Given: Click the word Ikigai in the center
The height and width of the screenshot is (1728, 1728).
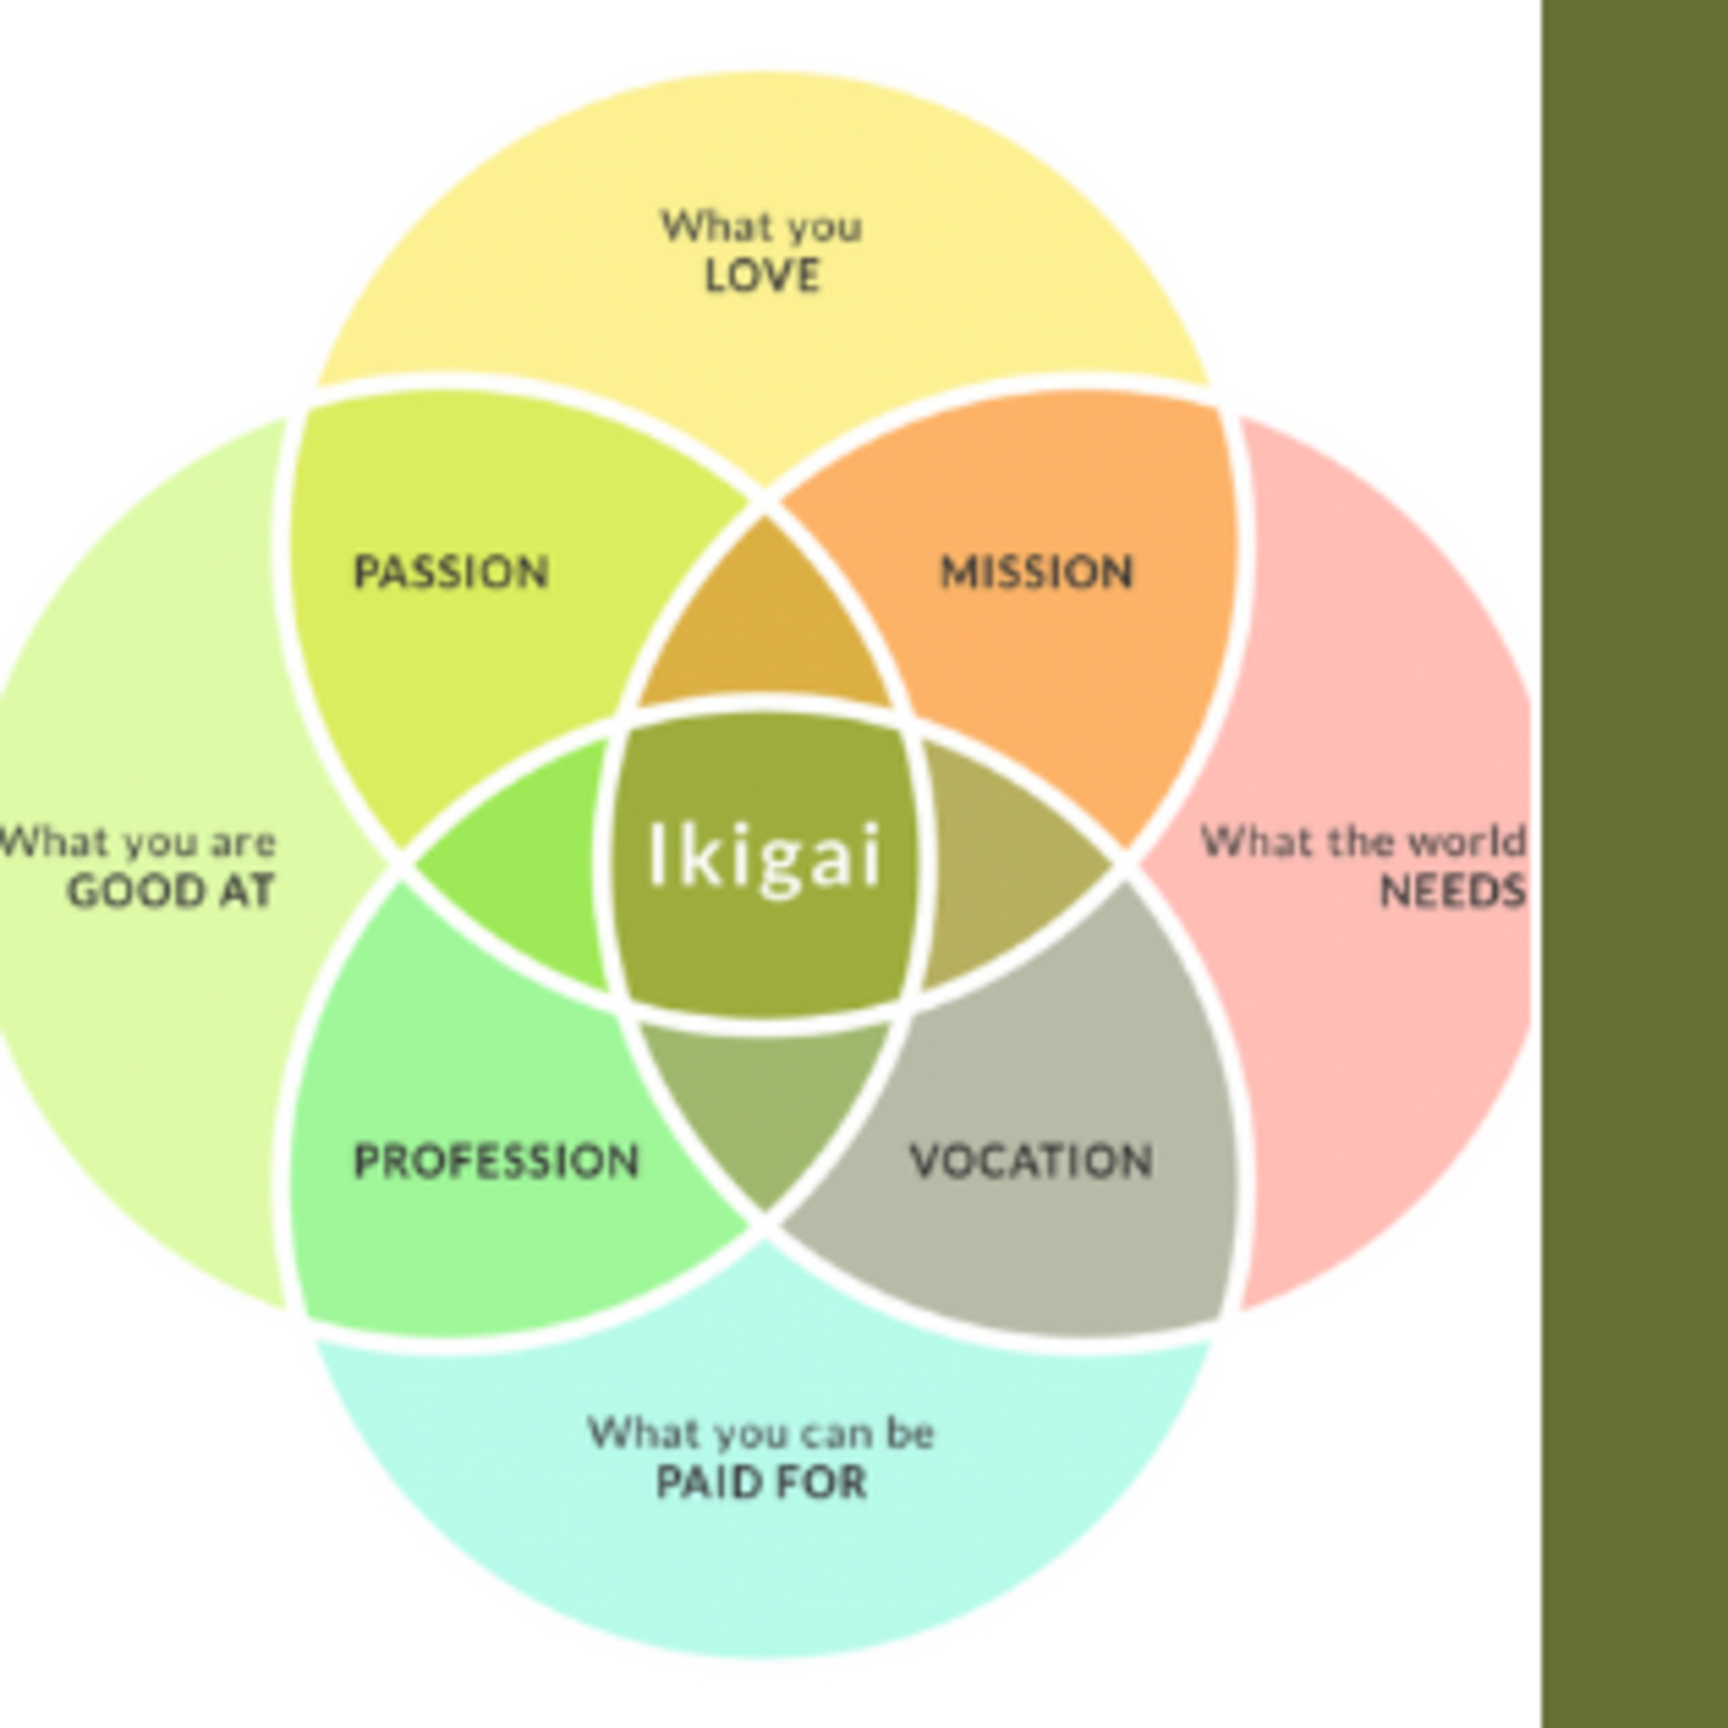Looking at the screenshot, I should pyautogui.click(x=766, y=856).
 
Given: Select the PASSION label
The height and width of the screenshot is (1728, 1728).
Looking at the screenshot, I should pyautogui.click(x=451, y=573).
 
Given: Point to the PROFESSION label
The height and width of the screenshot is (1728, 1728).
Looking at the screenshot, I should pyautogui.click(x=497, y=1162).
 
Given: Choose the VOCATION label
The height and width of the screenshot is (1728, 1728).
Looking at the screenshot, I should pyautogui.click(x=1031, y=1161).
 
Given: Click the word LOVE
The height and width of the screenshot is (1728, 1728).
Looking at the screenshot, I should pyautogui.click(x=762, y=275).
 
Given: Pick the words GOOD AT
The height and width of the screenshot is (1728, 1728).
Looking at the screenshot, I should pyautogui.click(x=170, y=892).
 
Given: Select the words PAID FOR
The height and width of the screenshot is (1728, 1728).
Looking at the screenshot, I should pyautogui.click(x=762, y=1482).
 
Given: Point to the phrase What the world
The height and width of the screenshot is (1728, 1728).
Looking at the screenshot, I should pyautogui.click(x=1362, y=842).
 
